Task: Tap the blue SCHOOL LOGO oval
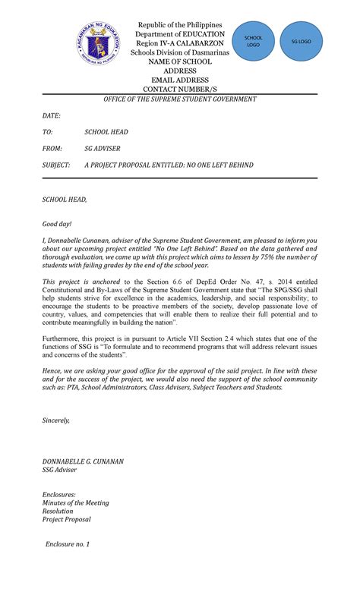tap(253, 41)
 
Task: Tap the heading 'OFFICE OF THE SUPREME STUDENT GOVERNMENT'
tap(180, 99)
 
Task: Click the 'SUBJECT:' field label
tap(55, 165)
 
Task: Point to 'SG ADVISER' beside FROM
tap(102, 148)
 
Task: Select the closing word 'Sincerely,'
tap(55, 420)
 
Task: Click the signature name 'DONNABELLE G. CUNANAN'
tap(83, 461)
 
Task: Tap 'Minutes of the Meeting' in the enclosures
tap(75, 502)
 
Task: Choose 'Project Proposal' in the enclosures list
tap(66, 520)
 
